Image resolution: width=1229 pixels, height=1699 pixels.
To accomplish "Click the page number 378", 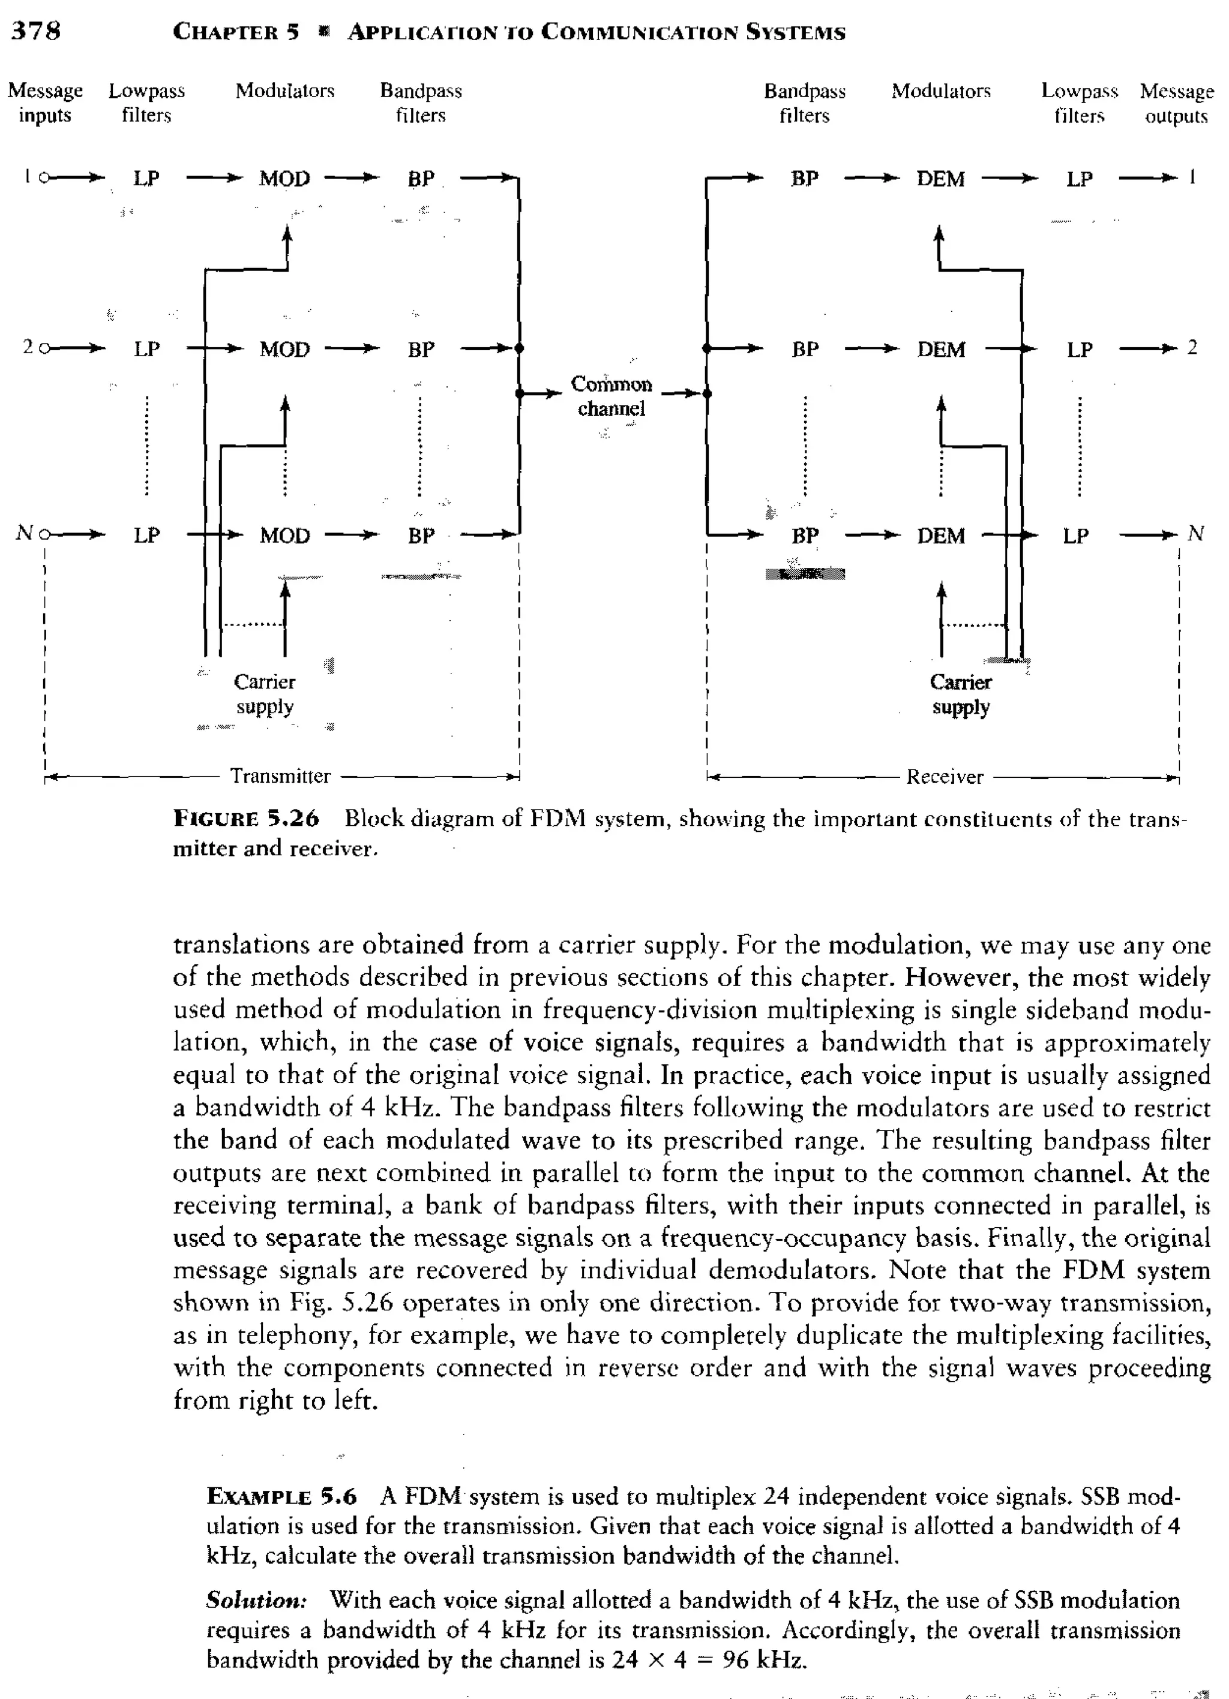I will (35, 31).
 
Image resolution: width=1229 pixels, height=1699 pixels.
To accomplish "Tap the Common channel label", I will (611, 396).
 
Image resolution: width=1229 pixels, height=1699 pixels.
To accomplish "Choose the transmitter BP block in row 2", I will (421, 349).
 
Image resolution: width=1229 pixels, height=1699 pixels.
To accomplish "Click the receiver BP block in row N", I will (805, 536).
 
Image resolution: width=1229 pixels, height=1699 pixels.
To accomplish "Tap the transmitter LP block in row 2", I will (146, 349).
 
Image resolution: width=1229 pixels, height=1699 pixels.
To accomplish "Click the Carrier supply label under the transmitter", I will (265, 694).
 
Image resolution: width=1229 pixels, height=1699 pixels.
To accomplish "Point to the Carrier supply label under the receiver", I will (961, 694).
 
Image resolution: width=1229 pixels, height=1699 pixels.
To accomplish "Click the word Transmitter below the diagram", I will (280, 776).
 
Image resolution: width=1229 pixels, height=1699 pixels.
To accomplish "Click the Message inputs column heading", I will (45, 103).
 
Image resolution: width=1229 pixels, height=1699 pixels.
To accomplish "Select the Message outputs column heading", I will (1177, 103).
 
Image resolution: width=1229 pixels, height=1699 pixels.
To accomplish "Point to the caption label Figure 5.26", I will (247, 818).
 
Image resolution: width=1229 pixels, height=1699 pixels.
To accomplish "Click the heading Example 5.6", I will (282, 1497).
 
